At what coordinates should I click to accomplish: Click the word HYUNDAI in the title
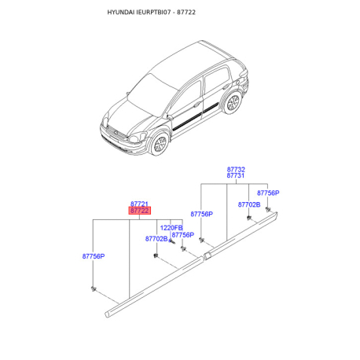[121, 13]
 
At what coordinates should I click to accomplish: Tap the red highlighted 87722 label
[140, 211]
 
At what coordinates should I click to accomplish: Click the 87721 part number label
[139, 204]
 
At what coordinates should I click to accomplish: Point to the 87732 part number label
[236, 169]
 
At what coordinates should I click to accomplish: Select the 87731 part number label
[236, 175]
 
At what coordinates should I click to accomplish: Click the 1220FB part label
[171, 228]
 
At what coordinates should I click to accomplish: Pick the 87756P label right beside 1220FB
[183, 235]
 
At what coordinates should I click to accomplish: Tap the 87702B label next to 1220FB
[156, 239]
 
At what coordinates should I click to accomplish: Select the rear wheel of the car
[233, 102]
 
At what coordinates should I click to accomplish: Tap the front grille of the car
[116, 133]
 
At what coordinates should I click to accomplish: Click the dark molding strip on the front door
[187, 121]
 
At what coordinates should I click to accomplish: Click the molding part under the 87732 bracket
[241, 236]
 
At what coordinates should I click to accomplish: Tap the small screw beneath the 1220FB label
[172, 241]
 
